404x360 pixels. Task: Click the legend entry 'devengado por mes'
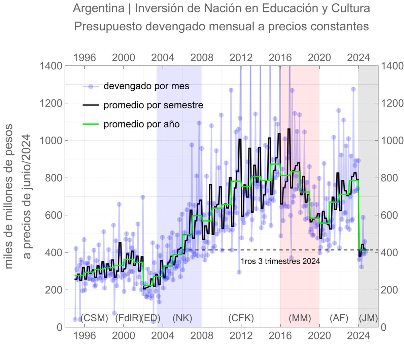[146, 86]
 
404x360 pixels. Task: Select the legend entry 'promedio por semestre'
[153, 105]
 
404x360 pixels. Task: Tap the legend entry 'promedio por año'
[141, 124]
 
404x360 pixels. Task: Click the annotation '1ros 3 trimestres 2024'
[280, 261]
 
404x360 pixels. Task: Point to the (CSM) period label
[94, 318]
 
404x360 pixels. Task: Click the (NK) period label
[182, 318]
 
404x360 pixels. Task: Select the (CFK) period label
[241, 318]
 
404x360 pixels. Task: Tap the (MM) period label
[300, 318]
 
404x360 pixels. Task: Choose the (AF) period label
[339, 318]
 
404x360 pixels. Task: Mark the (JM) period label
[368, 318]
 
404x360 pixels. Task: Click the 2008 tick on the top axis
[202, 57]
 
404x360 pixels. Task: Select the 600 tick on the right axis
[391, 215]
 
